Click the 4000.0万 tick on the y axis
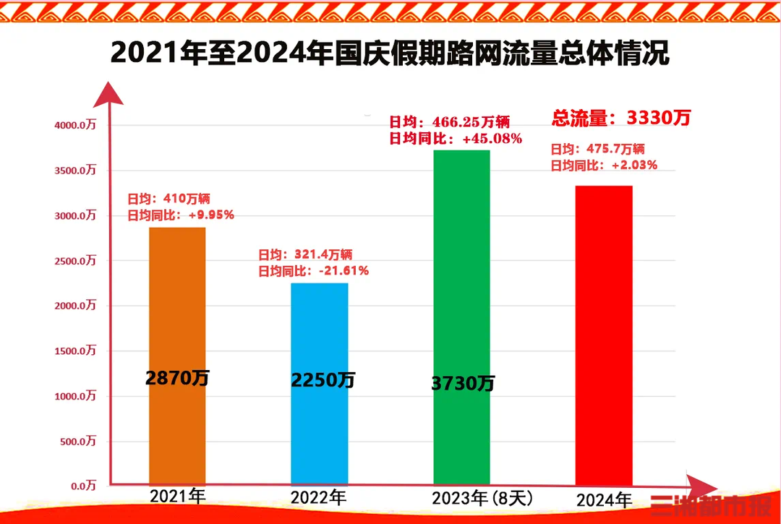75,125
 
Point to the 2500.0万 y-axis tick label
75,260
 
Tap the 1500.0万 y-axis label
75,351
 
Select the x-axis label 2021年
177,497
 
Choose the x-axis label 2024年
604,500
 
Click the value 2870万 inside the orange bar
177,377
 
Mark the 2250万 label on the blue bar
323,380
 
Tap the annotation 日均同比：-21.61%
313,271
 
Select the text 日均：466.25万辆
449,122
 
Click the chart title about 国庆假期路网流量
390,54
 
